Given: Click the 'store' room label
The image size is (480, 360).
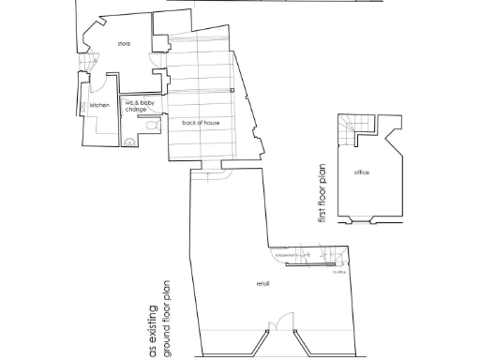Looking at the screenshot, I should pyautogui.click(x=124, y=44).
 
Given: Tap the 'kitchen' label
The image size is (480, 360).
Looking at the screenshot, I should pyautogui.click(x=99, y=106).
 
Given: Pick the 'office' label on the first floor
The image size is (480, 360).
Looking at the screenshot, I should pyautogui.click(x=362, y=173).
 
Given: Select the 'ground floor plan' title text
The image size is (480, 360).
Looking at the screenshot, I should pyautogui.click(x=168, y=317).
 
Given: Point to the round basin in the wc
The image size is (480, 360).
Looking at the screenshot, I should pyautogui.click(x=129, y=142).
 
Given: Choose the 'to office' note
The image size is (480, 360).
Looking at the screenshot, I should pyautogui.click(x=338, y=273).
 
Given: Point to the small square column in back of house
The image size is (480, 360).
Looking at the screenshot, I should pyautogui.click(x=232, y=90).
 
